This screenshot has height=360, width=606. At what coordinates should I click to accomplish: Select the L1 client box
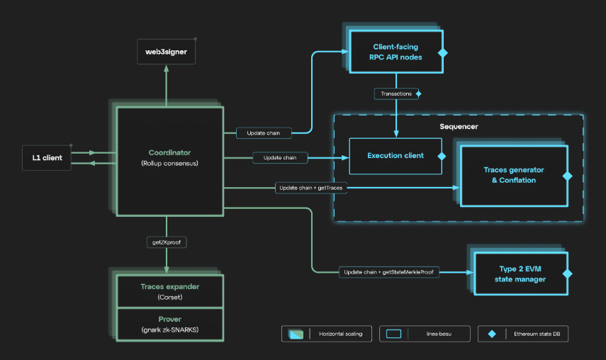pyautogui.click(x=47, y=157)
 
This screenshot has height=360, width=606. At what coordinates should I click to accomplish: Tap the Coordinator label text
pyautogui.click(x=169, y=152)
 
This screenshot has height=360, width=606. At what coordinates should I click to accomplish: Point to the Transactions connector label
pyautogui.click(x=395, y=94)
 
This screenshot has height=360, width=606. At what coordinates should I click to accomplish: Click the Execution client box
pyautogui.click(x=395, y=156)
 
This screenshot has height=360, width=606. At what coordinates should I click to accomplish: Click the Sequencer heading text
pyautogui.click(x=459, y=126)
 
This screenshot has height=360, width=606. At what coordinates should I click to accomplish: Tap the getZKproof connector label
pyautogui.click(x=166, y=242)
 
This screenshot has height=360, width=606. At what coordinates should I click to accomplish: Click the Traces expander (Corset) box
pyautogui.click(x=169, y=291)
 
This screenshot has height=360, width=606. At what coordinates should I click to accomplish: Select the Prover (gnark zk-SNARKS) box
pyautogui.click(x=169, y=325)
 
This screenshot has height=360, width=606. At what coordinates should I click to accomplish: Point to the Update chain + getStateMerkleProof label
pyautogui.click(x=388, y=272)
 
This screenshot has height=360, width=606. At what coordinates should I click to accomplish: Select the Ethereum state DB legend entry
pyautogui.click(x=522, y=333)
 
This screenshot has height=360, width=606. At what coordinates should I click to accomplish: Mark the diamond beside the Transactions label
pyautogui.click(x=418, y=94)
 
